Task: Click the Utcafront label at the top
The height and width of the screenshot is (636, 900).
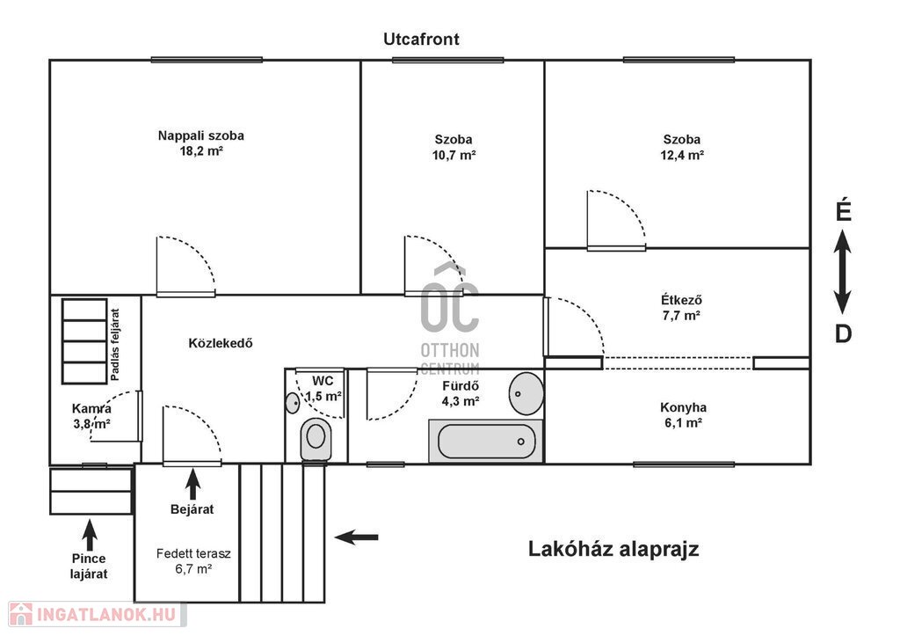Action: click(x=421, y=39)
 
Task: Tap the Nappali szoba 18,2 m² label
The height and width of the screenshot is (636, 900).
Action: click(x=201, y=143)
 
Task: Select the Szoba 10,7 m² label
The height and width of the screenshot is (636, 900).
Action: click(x=454, y=147)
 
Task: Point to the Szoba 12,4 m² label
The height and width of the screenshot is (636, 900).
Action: click(x=682, y=147)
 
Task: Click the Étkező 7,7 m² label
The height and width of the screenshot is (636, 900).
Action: click(x=681, y=307)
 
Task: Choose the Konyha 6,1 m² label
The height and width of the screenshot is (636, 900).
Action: click(x=683, y=415)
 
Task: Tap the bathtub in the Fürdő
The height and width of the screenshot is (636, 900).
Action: click(x=486, y=442)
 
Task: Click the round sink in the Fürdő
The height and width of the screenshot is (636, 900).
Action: click(x=526, y=393)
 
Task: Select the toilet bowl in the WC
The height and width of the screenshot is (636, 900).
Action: click(x=316, y=439)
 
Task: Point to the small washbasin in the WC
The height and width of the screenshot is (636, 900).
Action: click(x=292, y=403)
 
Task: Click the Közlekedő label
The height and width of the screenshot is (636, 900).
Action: click(x=221, y=344)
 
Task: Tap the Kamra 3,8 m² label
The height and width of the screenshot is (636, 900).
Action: click(x=91, y=417)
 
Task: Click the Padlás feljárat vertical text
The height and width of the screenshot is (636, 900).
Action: click(x=115, y=345)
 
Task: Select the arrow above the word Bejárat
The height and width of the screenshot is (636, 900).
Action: click(x=192, y=485)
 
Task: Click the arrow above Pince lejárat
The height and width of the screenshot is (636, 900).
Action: click(x=89, y=535)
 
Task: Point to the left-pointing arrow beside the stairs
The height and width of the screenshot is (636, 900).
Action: click(x=357, y=537)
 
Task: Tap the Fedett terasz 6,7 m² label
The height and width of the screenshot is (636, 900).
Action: click(x=193, y=561)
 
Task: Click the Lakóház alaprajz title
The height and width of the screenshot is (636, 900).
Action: click(x=613, y=549)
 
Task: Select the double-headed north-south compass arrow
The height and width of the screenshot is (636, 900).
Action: click(x=843, y=272)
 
